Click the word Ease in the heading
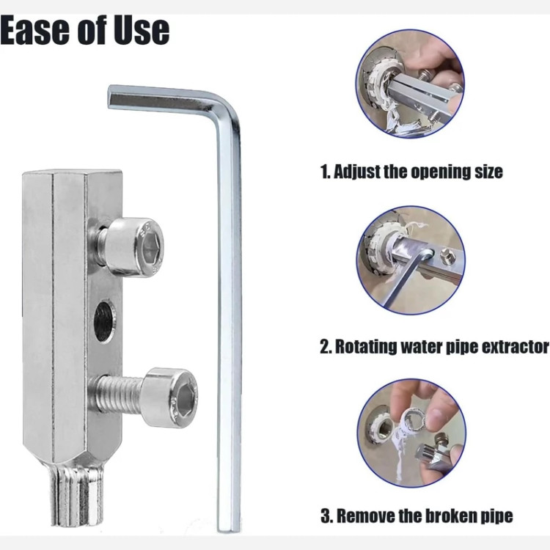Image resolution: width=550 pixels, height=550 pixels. (x=34, y=30)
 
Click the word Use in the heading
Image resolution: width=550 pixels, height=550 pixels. (x=142, y=30)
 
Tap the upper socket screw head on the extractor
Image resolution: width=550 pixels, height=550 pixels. (x=136, y=247)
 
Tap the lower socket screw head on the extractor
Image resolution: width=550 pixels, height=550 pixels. (x=171, y=397)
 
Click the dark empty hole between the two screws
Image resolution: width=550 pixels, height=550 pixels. (x=105, y=322)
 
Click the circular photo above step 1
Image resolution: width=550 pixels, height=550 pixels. (x=410, y=84)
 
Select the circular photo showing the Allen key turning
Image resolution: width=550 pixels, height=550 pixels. (x=411, y=260)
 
